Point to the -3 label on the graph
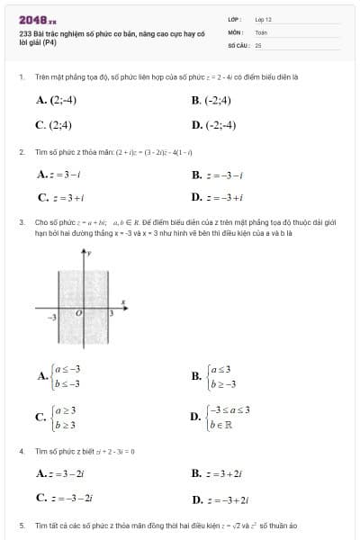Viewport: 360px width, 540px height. pyautogui.click(x=52, y=318)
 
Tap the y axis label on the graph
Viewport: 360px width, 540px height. pyautogui.click(x=91, y=253)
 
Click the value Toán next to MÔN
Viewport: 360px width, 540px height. pyautogui.click(x=262, y=31)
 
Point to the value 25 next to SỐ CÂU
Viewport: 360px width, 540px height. pyautogui.click(x=258, y=44)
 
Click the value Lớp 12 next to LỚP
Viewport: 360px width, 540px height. pyautogui.click(x=264, y=19)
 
